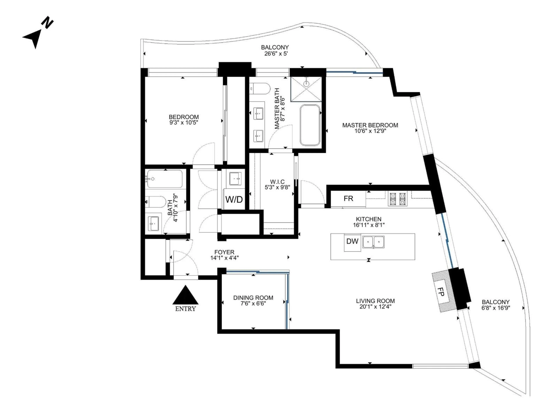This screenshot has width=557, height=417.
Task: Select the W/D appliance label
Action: click(234, 200)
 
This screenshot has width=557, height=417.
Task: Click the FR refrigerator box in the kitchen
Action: click(348, 199)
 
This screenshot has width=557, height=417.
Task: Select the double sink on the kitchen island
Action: click(373, 242)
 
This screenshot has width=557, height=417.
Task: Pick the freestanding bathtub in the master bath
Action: click(310, 125)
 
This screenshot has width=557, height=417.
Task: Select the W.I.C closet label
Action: click(277, 181)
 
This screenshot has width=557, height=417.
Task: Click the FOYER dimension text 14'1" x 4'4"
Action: click(224, 258)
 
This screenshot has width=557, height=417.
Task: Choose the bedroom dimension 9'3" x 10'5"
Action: click(184, 123)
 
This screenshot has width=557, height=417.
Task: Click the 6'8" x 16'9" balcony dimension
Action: click(495, 308)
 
